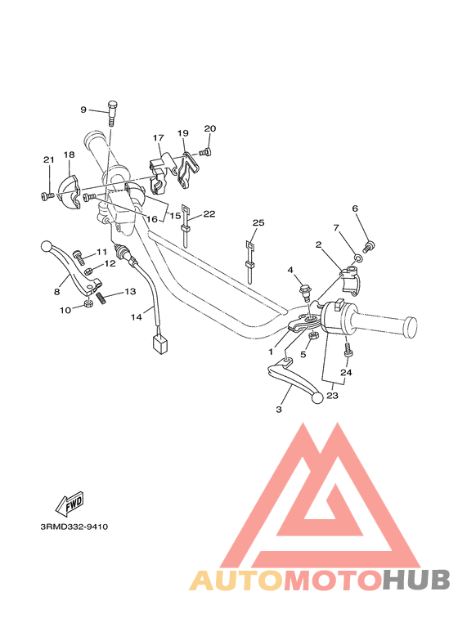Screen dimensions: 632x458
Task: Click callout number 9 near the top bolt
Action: click(83, 110)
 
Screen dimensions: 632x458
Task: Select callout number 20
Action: click(209, 128)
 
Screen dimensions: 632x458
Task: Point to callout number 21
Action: click(48, 159)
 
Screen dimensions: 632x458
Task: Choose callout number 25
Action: click(258, 223)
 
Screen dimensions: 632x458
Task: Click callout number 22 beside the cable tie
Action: click(209, 214)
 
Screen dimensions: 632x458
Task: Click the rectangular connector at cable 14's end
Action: click(160, 346)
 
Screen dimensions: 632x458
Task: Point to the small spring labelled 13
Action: click(103, 298)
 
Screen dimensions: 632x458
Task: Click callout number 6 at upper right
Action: click(355, 208)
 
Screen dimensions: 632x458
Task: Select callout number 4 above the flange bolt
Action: click(290, 270)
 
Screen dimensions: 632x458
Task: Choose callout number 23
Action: click(332, 397)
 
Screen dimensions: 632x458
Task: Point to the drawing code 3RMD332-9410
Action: click(74, 527)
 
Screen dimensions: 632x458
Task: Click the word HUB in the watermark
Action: click(416, 580)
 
